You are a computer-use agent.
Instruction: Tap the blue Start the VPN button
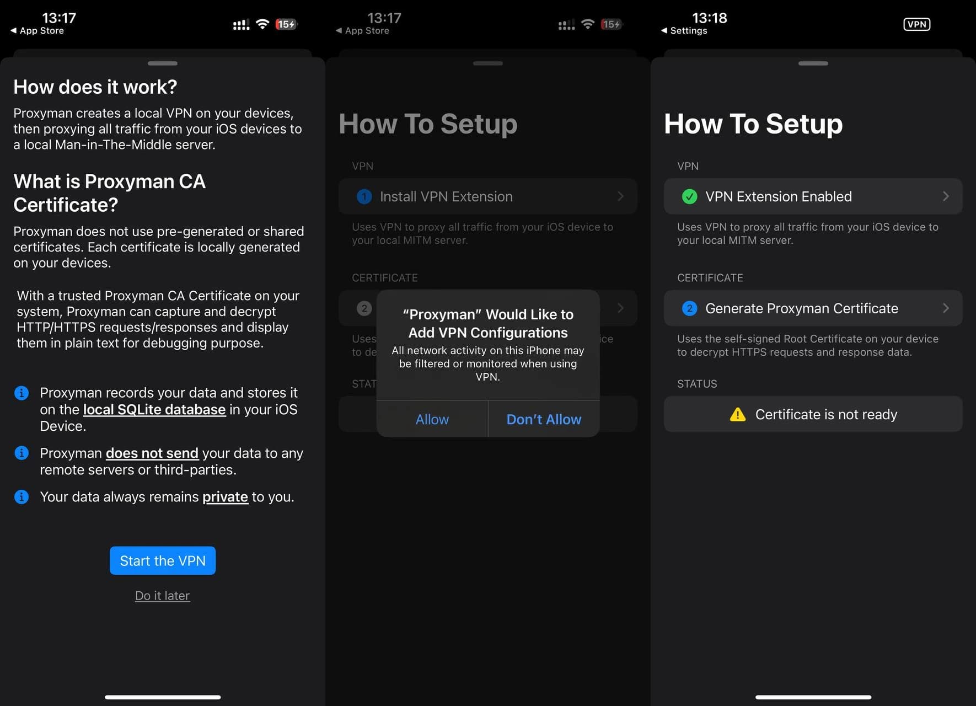click(x=163, y=560)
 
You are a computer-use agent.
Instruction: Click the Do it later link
click(x=163, y=596)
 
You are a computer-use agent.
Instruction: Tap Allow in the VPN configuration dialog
click(x=432, y=419)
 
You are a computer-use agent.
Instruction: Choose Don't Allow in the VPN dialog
click(x=544, y=419)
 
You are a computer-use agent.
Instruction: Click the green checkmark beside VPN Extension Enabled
click(x=689, y=196)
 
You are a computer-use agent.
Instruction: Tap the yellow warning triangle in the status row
click(x=738, y=414)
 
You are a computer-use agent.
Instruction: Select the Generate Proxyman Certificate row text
click(x=802, y=308)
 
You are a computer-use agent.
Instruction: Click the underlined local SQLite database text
click(x=154, y=409)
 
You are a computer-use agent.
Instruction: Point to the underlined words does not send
click(x=152, y=453)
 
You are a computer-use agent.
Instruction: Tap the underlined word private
click(x=225, y=497)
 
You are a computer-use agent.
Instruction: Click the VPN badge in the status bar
click(x=916, y=24)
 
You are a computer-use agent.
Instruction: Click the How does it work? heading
click(x=95, y=87)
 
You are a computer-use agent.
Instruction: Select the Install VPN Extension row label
click(x=446, y=196)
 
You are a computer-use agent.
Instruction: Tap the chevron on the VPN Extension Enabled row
click(x=946, y=196)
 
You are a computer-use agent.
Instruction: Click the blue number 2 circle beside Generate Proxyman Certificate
click(x=689, y=308)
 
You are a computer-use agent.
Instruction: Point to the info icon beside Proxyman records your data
click(x=22, y=393)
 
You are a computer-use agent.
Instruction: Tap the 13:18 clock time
click(x=710, y=18)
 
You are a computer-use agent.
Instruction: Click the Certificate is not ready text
click(x=826, y=414)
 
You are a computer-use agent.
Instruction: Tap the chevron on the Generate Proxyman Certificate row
click(x=946, y=308)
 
